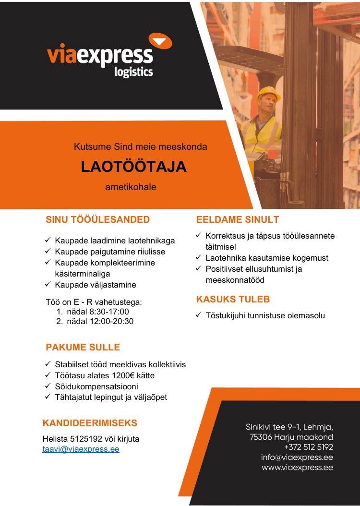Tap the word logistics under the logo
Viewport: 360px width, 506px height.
[134, 72]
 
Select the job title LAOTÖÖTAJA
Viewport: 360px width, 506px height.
[133, 166]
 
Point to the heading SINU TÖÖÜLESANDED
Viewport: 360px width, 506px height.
[98, 220]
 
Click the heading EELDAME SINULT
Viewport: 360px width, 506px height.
[238, 220]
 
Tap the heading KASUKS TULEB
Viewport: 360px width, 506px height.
[233, 299]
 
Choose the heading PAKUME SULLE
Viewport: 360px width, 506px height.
[83, 347]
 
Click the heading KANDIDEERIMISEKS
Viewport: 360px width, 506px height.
[90, 423]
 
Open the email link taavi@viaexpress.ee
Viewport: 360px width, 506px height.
[81, 449]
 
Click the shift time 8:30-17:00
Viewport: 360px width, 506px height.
[110, 312]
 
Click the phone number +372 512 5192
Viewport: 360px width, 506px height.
[308, 446]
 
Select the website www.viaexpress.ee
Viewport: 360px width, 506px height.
[297, 467]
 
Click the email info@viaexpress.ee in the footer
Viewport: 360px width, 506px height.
[297, 457]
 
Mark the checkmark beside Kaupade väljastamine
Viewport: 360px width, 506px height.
[48, 285]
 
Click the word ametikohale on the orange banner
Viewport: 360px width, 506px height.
[131, 187]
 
